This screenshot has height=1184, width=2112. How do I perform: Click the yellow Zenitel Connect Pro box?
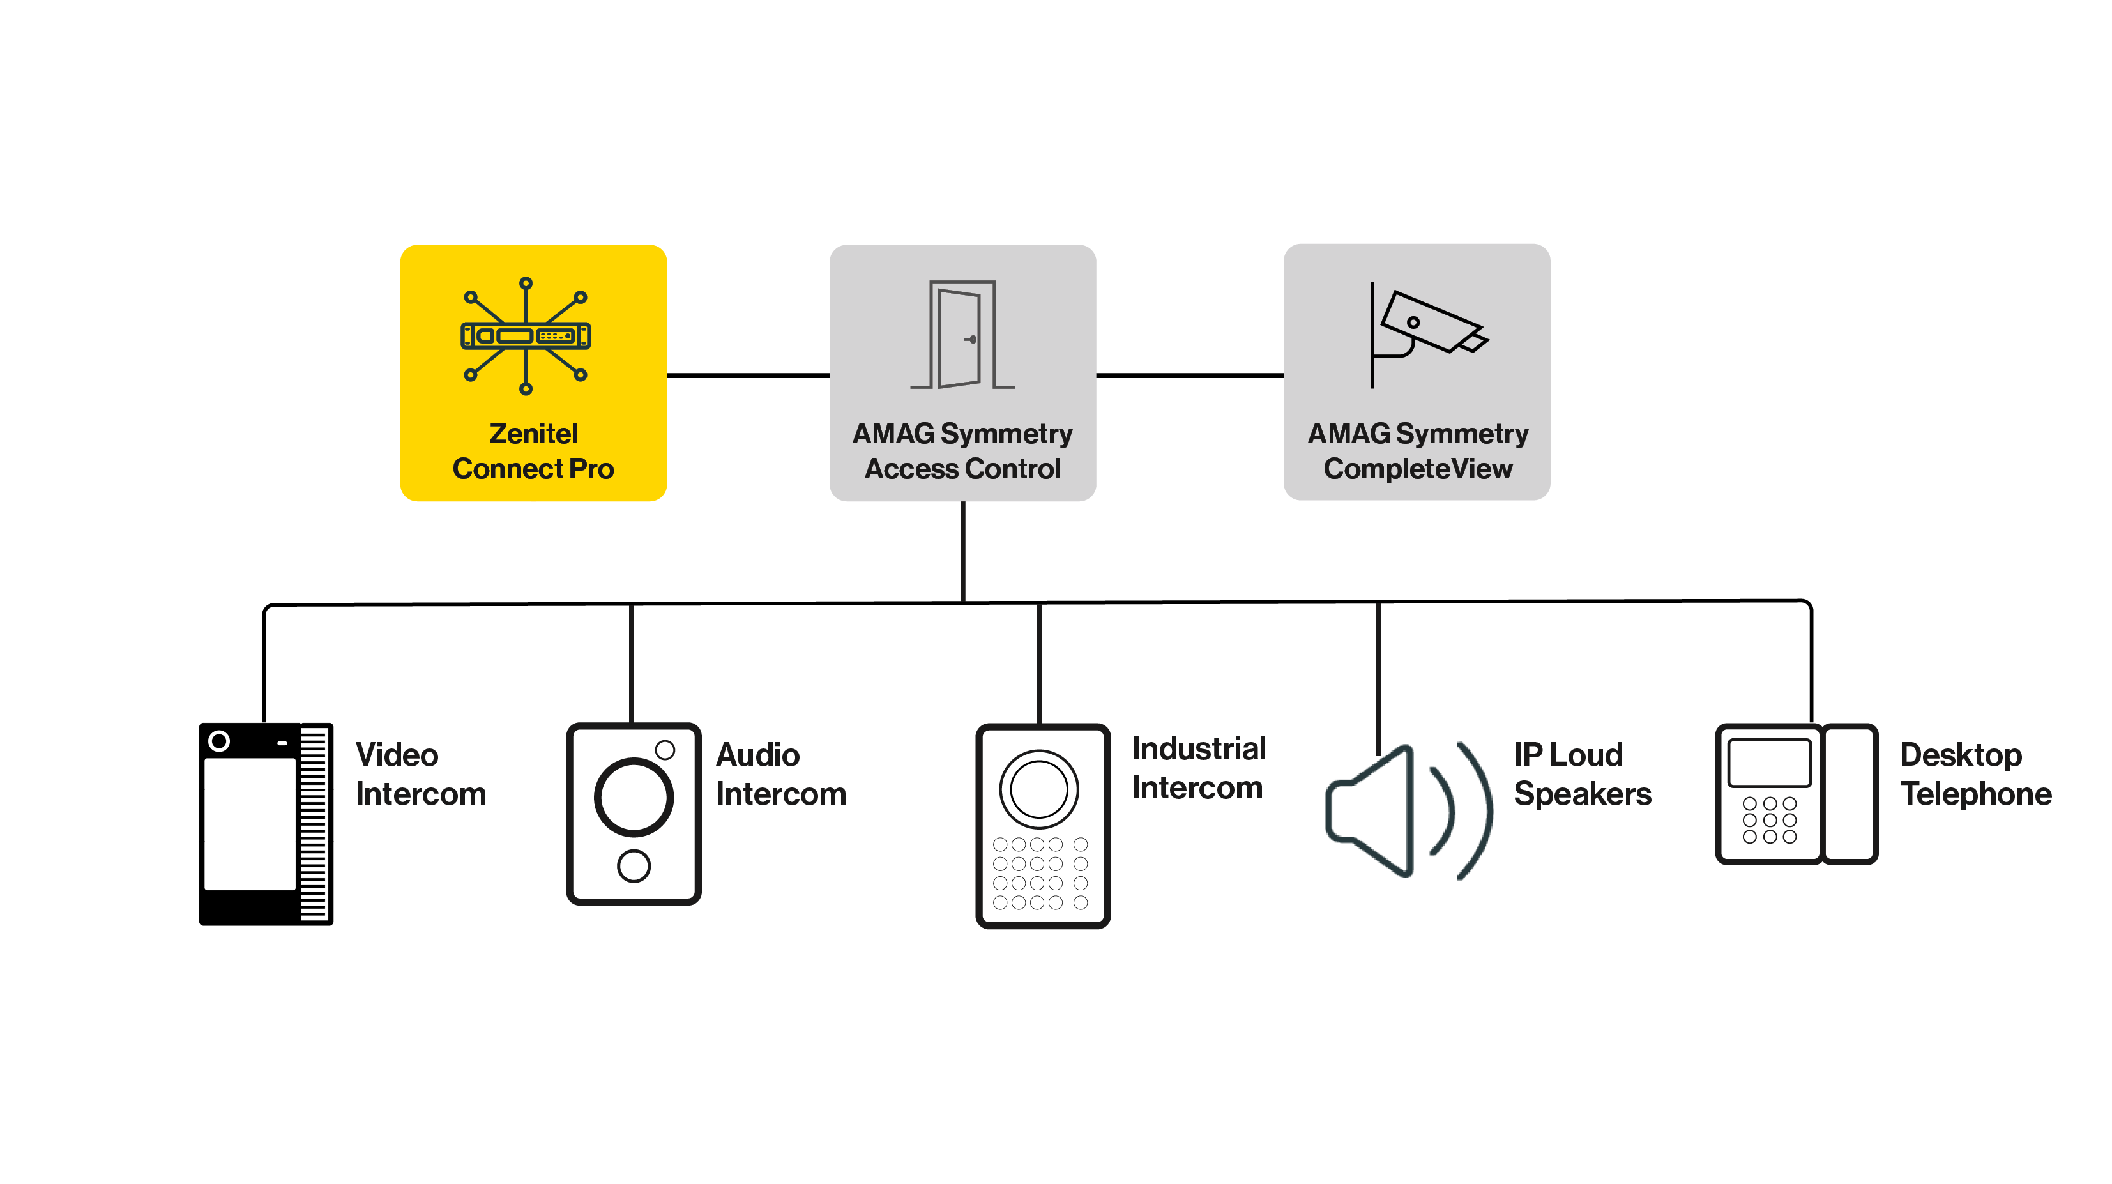pyautogui.click(x=533, y=373)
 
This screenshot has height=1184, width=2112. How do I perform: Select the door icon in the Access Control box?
pyautogui.click(x=961, y=335)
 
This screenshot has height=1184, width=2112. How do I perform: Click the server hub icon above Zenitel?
pyautogui.click(x=526, y=335)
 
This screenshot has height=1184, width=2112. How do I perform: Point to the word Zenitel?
pyautogui.click(x=533, y=433)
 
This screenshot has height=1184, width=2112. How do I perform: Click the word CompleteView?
pyautogui.click(x=1418, y=468)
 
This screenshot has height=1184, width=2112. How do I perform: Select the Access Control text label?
pyautogui.click(x=962, y=468)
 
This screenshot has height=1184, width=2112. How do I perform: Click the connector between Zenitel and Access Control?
pyautogui.click(x=748, y=376)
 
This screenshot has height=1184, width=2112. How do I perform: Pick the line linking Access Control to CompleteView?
pyautogui.click(x=1190, y=376)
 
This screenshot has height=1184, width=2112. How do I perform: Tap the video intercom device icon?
pyautogui.click(x=266, y=824)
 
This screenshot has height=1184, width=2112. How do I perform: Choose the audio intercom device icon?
pyautogui.click(x=634, y=814)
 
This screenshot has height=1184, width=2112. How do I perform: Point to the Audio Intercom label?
pyautogui.click(x=780, y=774)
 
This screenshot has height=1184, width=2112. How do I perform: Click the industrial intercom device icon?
pyautogui.click(x=1042, y=826)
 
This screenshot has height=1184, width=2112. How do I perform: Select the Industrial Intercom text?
pyautogui.click(x=1199, y=768)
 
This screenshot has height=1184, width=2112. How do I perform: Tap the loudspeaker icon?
pyautogui.click(x=1408, y=812)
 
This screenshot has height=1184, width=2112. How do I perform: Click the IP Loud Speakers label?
pyautogui.click(x=1581, y=774)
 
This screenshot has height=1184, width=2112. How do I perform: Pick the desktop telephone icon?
pyautogui.click(x=1795, y=794)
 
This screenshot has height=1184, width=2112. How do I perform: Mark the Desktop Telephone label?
pyautogui.click(x=1975, y=774)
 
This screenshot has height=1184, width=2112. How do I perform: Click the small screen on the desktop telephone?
pyautogui.click(x=1768, y=763)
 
